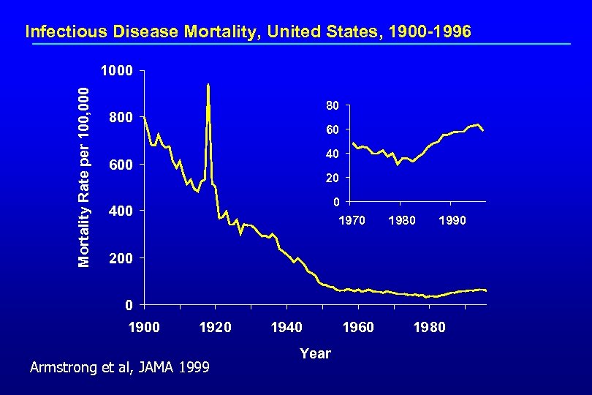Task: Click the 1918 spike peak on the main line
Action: coord(208,85)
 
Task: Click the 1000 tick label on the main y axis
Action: coord(117,72)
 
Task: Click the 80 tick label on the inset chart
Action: coord(332,106)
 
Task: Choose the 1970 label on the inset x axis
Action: coord(350,219)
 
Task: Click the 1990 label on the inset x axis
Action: coord(452,219)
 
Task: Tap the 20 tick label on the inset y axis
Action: coord(332,178)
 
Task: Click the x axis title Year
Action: coord(315,354)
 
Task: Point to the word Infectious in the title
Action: coord(62,31)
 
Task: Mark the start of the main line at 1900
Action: coord(145,117)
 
